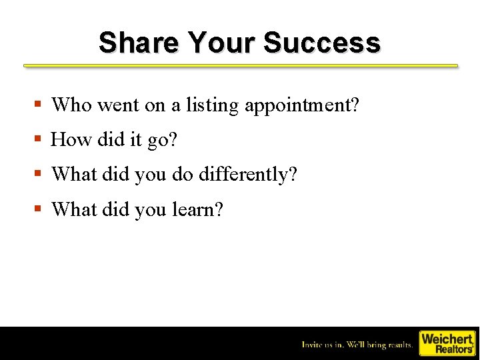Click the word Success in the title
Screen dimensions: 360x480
pyautogui.click(x=322, y=43)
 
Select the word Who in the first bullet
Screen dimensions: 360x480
pyautogui.click(x=71, y=105)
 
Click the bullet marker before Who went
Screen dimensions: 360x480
pyautogui.click(x=39, y=105)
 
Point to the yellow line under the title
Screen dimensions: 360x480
pyautogui.click(x=241, y=66)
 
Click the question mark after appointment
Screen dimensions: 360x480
pyautogui.click(x=355, y=105)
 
